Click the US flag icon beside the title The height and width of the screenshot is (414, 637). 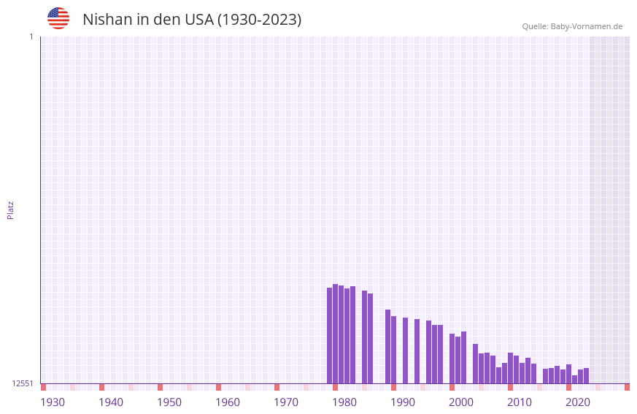tap(58, 18)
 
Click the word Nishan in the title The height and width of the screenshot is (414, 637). tap(108, 20)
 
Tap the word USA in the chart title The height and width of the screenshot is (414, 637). tap(198, 20)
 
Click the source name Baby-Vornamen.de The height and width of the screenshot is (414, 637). tap(586, 26)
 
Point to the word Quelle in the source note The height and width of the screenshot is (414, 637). tap(535, 26)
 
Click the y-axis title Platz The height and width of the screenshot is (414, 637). tap(10, 210)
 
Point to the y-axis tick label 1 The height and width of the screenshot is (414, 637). tap(31, 37)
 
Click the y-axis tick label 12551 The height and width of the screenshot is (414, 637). tap(23, 383)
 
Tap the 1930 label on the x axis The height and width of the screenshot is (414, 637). tap(53, 402)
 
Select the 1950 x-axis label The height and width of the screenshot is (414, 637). tap(169, 402)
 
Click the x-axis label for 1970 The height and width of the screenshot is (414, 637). tap(286, 402)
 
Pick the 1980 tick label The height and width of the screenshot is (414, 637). tap(344, 402)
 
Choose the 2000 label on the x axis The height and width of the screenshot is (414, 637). tap(461, 402)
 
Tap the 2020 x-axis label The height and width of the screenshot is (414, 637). tap(578, 402)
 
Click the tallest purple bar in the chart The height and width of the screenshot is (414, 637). tap(335, 334)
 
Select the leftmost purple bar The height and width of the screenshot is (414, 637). tap(329, 335)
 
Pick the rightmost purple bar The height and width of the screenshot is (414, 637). tap(586, 375)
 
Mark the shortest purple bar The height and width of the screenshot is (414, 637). tap(574, 379)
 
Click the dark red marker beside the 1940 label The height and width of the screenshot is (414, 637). tap(101, 387)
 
